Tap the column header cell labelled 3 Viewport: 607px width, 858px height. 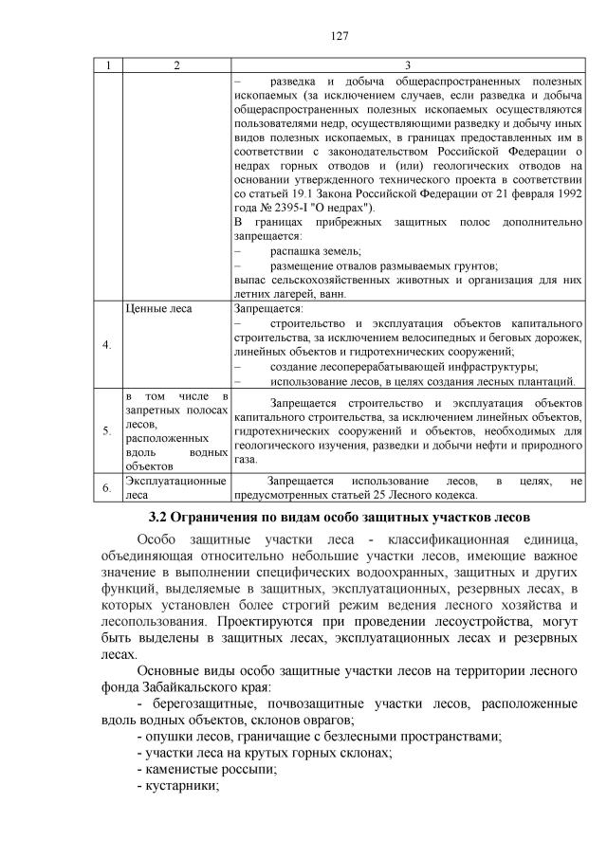(x=407, y=64)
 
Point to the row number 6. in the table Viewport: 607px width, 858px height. (x=108, y=487)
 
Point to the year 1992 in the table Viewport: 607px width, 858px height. (x=564, y=194)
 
